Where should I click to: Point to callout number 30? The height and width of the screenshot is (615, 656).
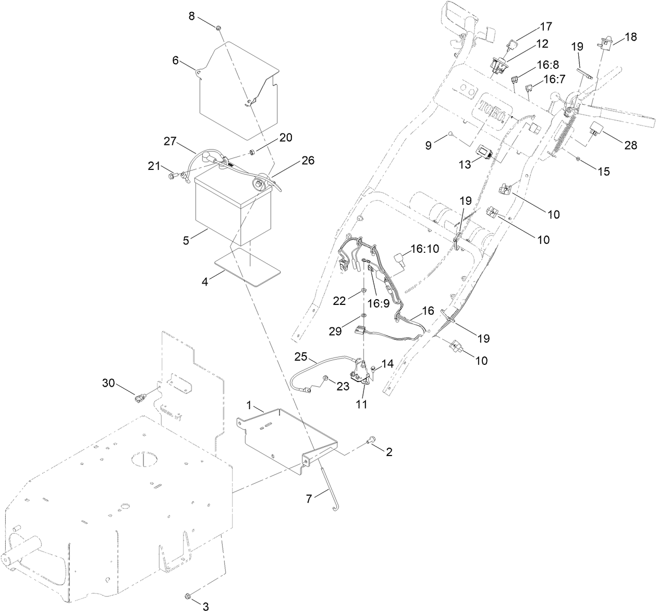pos(108,383)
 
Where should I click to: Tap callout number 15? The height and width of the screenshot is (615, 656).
pos(603,171)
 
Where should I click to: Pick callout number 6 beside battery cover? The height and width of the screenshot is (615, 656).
pos(176,61)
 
